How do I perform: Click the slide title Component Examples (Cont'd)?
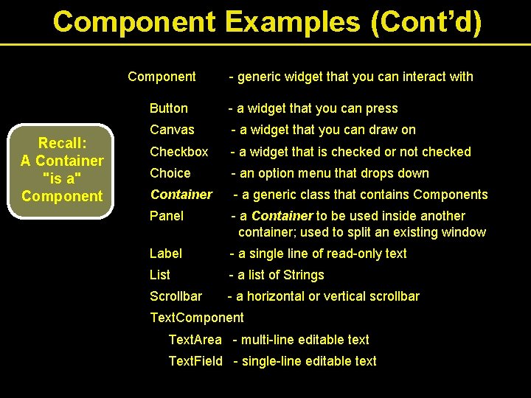(x=267, y=21)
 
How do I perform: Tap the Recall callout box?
(x=62, y=170)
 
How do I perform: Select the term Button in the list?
(x=168, y=108)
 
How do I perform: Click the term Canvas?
(x=172, y=130)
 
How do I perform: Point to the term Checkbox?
(x=178, y=152)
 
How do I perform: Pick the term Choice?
(x=170, y=173)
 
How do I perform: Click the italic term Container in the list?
(x=181, y=195)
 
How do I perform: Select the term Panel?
(x=167, y=216)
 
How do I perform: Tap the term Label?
(x=165, y=254)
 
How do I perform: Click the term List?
(x=159, y=275)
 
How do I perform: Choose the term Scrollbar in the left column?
(x=176, y=296)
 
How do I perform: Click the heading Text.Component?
(x=196, y=318)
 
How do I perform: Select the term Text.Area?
(x=195, y=340)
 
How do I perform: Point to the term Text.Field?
(x=195, y=361)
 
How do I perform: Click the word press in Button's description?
(x=381, y=108)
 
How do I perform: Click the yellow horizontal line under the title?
(x=265, y=45)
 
